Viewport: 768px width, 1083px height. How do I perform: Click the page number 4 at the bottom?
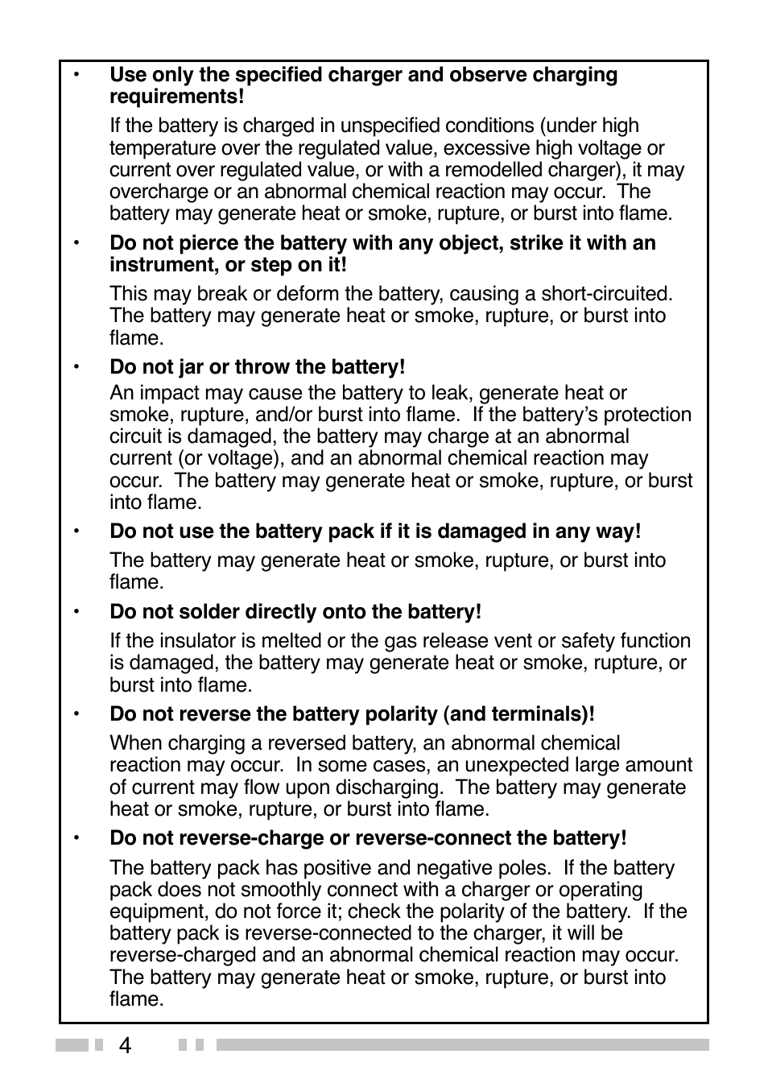[125, 1045]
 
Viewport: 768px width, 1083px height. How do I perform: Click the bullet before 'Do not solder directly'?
[77, 613]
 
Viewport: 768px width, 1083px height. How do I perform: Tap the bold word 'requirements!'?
[176, 97]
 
